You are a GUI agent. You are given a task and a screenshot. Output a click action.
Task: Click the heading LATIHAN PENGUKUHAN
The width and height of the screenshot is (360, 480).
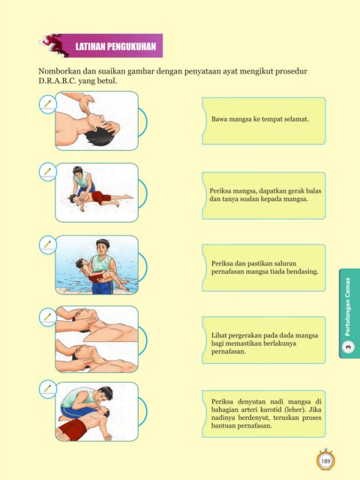tap(115, 46)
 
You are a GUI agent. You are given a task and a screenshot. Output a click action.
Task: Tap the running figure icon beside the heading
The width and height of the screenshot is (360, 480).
tap(54, 45)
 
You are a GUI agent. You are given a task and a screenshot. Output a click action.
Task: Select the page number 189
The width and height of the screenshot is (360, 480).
tap(325, 460)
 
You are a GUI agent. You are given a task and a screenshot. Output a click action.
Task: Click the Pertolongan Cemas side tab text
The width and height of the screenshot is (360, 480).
tap(347, 307)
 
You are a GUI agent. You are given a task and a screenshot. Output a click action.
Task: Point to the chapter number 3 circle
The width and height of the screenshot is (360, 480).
tap(348, 347)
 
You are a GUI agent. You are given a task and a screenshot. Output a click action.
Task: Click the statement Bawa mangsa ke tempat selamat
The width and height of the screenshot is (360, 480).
tap(260, 119)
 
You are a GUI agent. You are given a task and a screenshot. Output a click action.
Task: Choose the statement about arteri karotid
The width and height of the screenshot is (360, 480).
tap(266, 413)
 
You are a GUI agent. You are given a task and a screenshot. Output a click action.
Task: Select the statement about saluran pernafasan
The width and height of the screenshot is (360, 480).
tap(265, 267)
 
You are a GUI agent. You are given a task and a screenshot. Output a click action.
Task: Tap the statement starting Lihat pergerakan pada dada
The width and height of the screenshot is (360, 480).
tap(265, 343)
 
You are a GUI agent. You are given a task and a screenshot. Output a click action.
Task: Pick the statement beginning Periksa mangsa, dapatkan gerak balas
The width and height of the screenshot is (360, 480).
tap(265, 195)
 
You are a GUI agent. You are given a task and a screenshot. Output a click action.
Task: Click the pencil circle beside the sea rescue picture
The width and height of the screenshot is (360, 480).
tap(48, 245)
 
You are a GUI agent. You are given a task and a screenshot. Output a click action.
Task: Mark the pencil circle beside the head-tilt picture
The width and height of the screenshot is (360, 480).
tap(48, 105)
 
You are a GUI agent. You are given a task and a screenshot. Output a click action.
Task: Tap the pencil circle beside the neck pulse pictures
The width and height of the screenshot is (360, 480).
tap(48, 318)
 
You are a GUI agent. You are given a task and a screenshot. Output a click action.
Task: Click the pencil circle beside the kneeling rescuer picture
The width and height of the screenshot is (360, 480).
tap(48, 390)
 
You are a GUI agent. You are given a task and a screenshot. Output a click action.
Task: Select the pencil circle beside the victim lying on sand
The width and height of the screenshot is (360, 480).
tap(48, 173)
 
